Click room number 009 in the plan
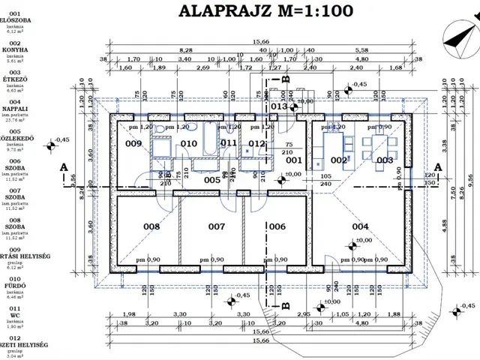coord(133,143)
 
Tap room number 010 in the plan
coord(188,143)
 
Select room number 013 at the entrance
coord(279,107)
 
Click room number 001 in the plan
coord(293,160)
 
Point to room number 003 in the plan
coord(385,160)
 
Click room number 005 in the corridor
coord(212,180)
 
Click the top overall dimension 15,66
coord(262,43)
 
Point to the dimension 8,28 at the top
coord(187,50)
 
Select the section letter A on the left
coord(65,166)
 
